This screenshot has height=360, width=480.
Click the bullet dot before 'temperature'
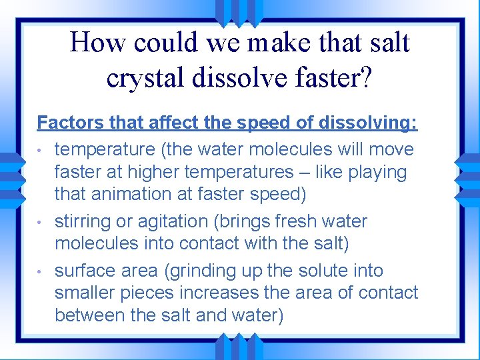point(41,150)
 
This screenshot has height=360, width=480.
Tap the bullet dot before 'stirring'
point(41,222)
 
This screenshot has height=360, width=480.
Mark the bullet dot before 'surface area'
point(41,271)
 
